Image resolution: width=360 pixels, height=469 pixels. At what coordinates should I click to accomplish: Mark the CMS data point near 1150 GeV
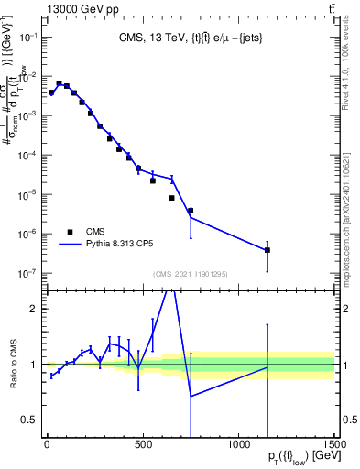[267, 249]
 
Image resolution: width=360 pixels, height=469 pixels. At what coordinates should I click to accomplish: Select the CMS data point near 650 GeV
[171, 198]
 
